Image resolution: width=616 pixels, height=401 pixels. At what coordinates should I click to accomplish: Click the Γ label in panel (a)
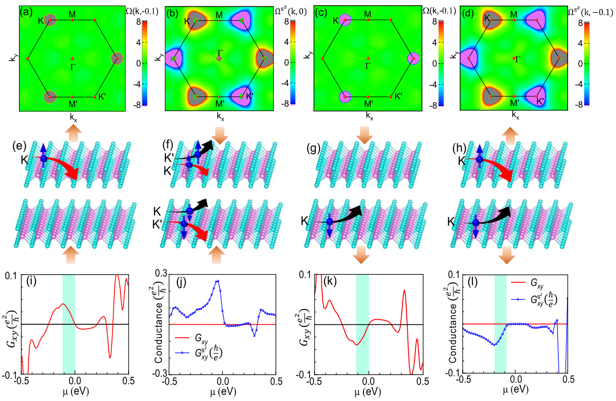coord(73,67)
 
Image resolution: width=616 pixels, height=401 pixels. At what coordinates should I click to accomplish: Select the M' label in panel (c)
coord(368,104)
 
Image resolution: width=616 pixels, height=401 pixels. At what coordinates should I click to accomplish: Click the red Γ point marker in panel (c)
coord(368,59)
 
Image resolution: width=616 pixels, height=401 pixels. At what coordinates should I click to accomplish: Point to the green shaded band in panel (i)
coord(69,323)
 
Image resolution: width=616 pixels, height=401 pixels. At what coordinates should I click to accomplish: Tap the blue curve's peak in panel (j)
coord(218,281)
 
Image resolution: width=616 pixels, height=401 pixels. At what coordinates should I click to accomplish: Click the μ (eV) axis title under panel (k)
coord(368,391)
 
